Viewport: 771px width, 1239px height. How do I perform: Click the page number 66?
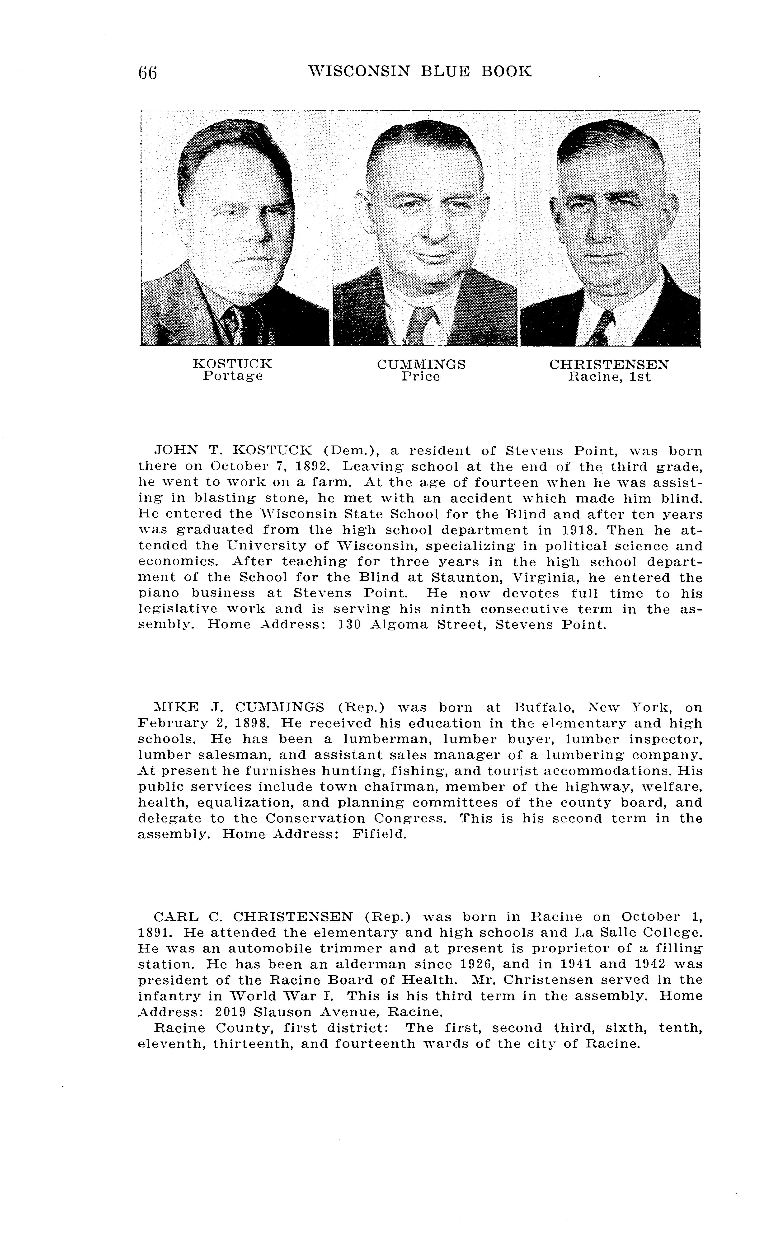pyautogui.click(x=147, y=72)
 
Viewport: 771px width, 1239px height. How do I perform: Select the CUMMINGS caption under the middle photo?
pyautogui.click(x=421, y=364)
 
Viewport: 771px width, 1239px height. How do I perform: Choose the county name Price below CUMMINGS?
pyautogui.click(x=420, y=377)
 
